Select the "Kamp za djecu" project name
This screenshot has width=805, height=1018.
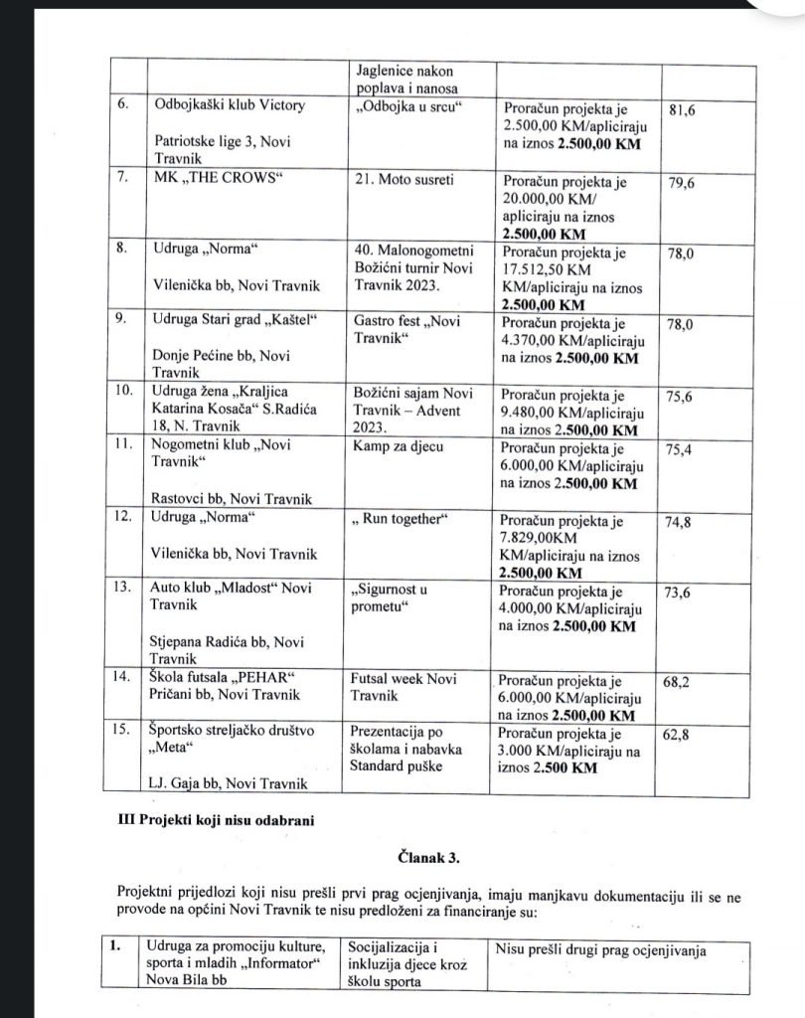point(397,446)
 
